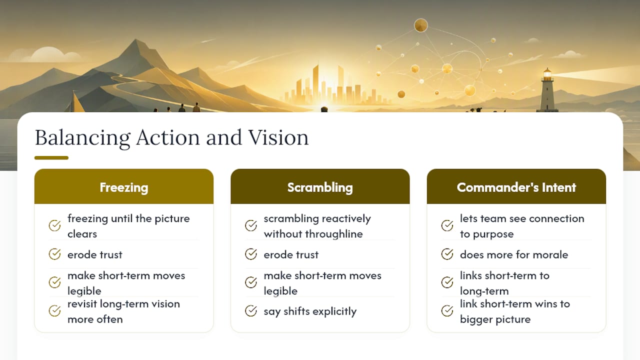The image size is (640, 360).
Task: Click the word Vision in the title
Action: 278,137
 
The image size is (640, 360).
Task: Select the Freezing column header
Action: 123,187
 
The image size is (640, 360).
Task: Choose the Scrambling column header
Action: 320,187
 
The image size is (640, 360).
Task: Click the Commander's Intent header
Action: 516,187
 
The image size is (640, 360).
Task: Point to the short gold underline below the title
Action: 51,157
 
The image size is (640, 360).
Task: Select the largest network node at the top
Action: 421,25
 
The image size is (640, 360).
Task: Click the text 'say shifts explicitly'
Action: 310,311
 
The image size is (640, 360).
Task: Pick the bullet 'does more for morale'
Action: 514,254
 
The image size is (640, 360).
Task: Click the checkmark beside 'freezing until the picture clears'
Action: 54,225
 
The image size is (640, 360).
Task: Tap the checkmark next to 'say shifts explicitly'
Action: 251,311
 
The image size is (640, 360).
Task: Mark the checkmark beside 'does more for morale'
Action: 447,254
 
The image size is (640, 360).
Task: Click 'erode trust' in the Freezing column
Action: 95,254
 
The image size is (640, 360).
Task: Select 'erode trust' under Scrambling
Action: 291,254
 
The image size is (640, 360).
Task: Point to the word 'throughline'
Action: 334,234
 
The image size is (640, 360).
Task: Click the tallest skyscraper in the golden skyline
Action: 315,83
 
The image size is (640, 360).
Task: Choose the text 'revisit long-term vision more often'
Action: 123,311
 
